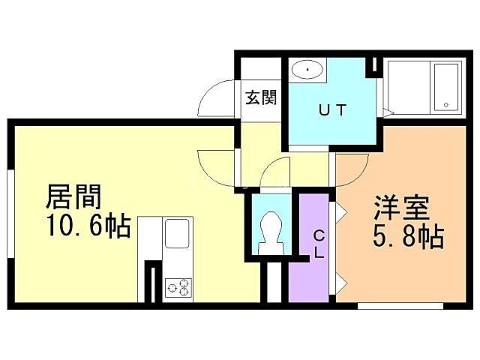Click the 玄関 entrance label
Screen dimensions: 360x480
click(261, 97)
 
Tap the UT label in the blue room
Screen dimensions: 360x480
click(331, 110)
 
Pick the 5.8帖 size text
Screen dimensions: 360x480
click(406, 238)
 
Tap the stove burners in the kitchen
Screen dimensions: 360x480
click(178, 286)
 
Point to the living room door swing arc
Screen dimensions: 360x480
click(216, 165)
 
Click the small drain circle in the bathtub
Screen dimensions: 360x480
click(447, 106)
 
